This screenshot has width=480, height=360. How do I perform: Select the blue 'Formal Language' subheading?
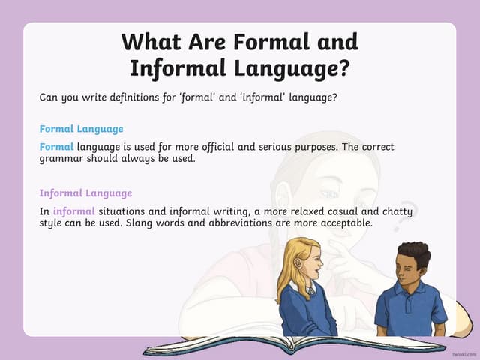[x=81, y=129]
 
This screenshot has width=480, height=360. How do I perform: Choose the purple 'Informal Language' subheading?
[x=85, y=193]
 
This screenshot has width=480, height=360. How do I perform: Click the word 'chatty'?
[x=396, y=211]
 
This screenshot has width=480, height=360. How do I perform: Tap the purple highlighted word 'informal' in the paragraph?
[x=74, y=211]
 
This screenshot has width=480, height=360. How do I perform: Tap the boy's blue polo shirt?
[x=410, y=307]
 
